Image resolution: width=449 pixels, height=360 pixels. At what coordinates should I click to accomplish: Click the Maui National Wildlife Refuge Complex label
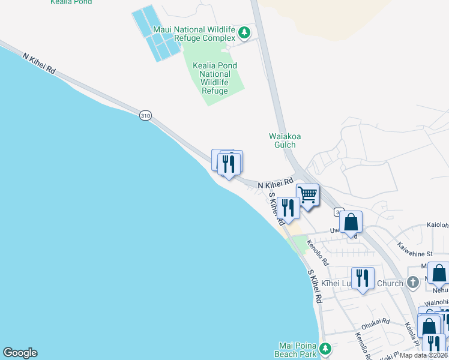pos(194,34)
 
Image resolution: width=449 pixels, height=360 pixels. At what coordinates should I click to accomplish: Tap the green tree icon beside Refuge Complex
pos(244,32)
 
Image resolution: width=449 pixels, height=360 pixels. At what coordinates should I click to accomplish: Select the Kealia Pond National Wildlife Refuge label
pos(214,78)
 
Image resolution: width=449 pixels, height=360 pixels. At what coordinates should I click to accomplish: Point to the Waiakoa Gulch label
pos(285,140)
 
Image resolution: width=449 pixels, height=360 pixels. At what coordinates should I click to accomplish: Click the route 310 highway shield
pos(145,115)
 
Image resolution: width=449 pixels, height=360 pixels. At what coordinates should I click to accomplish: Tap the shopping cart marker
pos(307,194)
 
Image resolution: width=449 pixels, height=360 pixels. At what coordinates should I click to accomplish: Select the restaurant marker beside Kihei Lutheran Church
pos(363,278)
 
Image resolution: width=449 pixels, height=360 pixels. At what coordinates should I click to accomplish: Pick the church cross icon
pos(412,283)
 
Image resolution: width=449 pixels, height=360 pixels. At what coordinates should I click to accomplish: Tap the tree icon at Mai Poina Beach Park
pos(325,349)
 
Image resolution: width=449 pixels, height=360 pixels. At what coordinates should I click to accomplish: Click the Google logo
pos(20,353)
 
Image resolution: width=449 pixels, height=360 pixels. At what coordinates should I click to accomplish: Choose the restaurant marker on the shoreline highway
pos(229,164)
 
